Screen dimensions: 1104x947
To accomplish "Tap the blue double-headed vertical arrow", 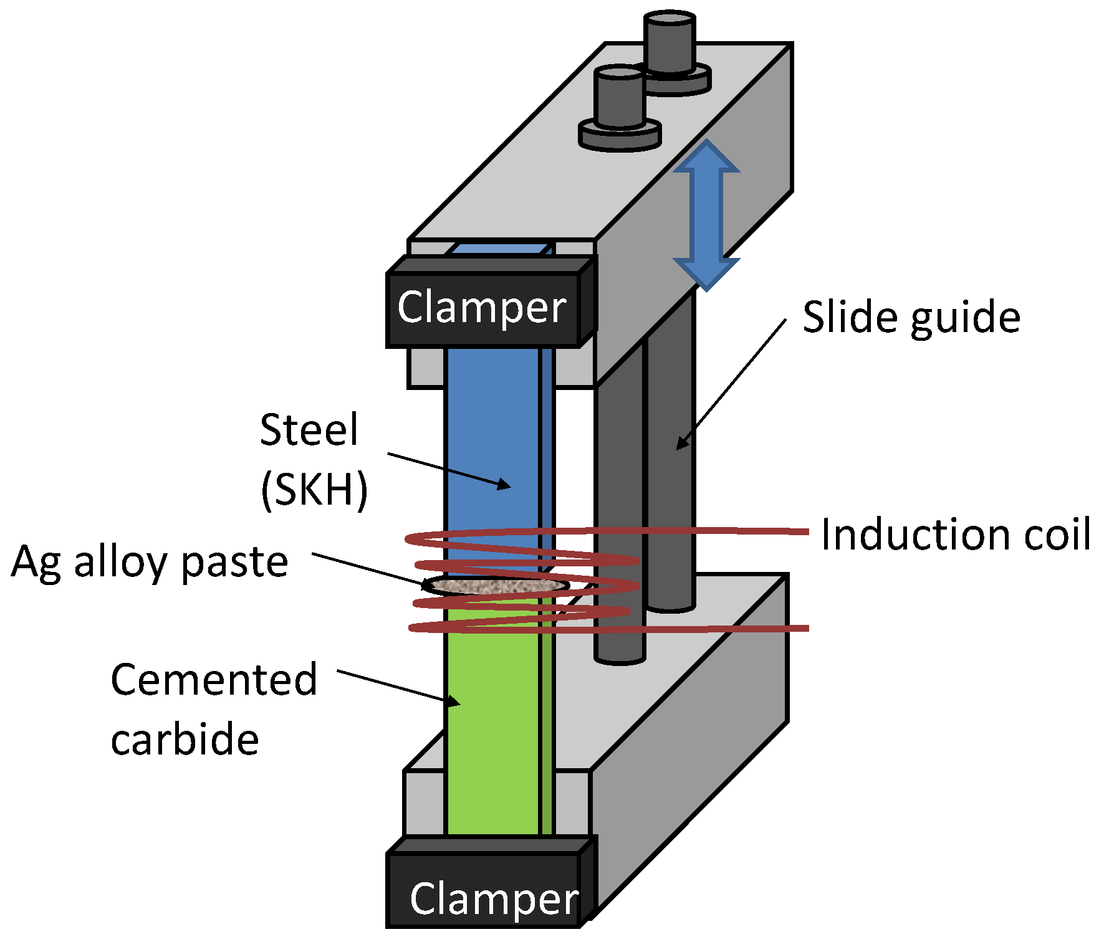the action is pos(706,216).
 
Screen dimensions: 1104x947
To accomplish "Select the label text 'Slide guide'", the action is pos(911,318).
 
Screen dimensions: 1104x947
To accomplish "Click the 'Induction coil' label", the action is pos(956,535).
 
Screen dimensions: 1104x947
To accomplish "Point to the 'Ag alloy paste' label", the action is pos(150,563).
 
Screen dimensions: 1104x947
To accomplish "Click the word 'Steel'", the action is pos(309,430).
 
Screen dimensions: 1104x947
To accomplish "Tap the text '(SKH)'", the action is pos(314,490).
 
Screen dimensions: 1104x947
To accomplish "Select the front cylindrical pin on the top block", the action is pos(620,106).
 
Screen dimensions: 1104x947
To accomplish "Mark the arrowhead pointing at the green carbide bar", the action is pos(453,701).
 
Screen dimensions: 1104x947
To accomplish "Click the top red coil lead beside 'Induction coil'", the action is pos(723,531).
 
